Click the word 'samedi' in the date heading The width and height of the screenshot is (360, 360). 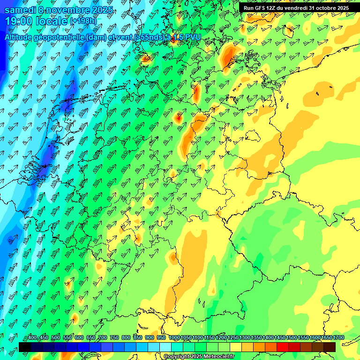pos(20,9)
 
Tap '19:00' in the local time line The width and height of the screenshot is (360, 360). pos(20,21)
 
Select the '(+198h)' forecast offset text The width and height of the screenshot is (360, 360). pos(83,21)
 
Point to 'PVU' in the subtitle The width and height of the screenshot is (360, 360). pos(193,37)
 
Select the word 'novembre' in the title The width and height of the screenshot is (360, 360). pos(68,9)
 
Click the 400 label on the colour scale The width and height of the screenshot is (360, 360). pos(32,337)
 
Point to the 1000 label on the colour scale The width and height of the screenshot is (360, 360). pos(174,337)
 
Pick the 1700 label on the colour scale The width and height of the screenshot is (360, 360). pos(338,337)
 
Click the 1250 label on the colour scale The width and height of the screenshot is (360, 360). pos(233,337)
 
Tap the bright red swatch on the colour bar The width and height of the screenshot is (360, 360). pos(283,347)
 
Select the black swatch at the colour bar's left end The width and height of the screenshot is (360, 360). pos(25,347)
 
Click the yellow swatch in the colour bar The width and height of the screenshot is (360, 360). pos(236,347)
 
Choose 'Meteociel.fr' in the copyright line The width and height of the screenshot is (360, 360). pos(215,357)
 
